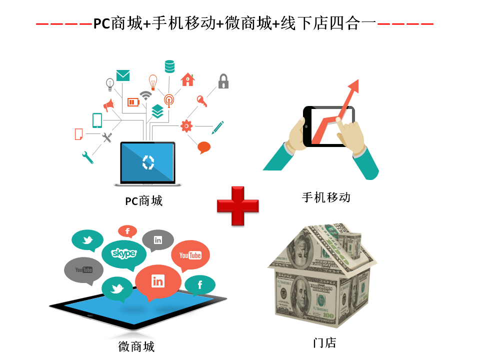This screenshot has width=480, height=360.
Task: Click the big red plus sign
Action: (x=238, y=206)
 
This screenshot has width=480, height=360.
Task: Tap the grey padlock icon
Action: (x=223, y=81)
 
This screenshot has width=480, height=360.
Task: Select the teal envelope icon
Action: (x=123, y=75)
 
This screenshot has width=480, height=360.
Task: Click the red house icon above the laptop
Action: (x=187, y=79)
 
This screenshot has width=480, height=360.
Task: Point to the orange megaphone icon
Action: (x=108, y=105)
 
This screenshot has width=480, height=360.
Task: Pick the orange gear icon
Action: (x=186, y=126)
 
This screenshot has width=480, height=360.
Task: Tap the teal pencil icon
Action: (x=217, y=127)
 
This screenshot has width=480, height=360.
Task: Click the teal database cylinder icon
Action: (x=169, y=66)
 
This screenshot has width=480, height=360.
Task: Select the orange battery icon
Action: (x=133, y=102)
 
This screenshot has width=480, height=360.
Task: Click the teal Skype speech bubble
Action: (x=124, y=254)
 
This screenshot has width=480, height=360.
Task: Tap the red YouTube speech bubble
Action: (x=190, y=256)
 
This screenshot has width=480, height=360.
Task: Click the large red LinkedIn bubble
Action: (x=158, y=282)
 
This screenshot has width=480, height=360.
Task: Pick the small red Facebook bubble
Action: (x=127, y=231)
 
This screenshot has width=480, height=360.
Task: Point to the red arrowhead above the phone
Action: (x=353, y=85)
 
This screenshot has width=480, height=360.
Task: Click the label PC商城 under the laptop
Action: (x=144, y=201)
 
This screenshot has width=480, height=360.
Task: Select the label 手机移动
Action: (x=326, y=197)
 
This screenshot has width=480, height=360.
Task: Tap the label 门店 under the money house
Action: (x=325, y=343)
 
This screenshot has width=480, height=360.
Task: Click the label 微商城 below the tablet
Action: (x=136, y=346)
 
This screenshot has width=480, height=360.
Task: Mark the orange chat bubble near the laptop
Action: (x=204, y=147)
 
